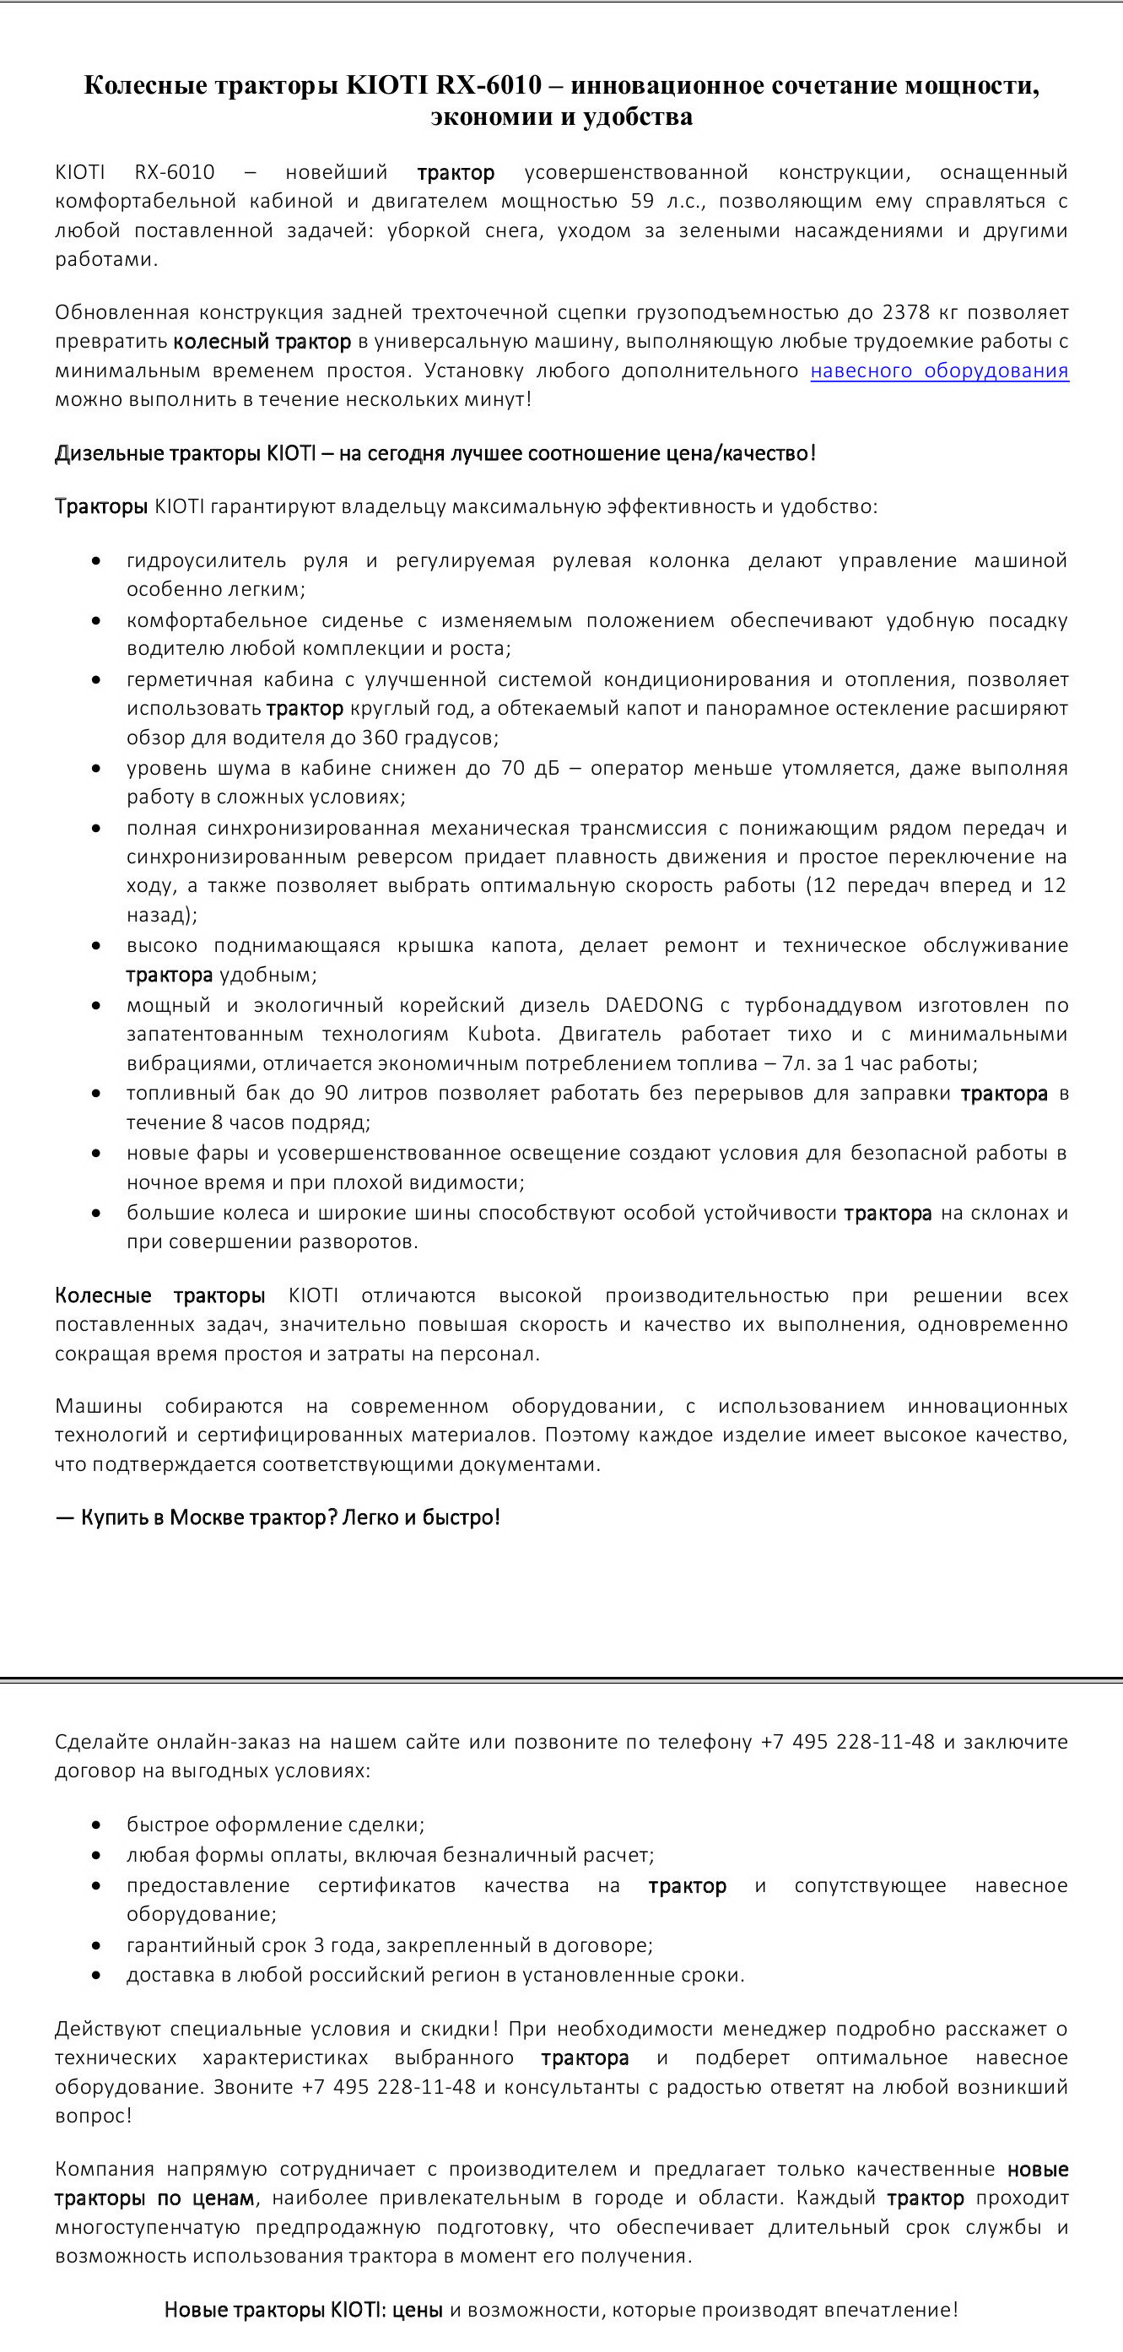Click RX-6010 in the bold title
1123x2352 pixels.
[489, 86]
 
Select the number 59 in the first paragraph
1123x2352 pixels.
[642, 201]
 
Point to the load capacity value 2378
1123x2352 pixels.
[905, 313]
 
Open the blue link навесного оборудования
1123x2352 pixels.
[938, 370]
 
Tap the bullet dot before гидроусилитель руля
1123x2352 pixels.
[97, 561]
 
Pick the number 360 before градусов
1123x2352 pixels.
[380, 738]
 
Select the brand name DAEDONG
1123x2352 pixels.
[655, 1005]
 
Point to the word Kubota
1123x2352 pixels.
[501, 1035]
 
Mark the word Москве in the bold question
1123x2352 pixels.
[207, 1517]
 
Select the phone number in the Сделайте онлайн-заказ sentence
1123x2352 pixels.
[847, 1742]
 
